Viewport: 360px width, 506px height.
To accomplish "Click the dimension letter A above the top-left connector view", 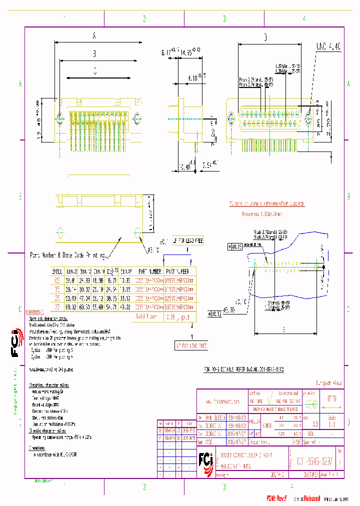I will pyautogui.click(x=94, y=35).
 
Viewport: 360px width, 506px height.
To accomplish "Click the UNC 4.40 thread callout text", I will pyautogui.click(x=328, y=46).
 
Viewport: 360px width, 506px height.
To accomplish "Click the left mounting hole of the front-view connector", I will pyautogui.click(x=231, y=119).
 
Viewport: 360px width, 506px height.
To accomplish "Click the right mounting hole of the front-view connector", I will pyautogui.click(x=307, y=119).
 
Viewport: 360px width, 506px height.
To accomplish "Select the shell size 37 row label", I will pyautogui.click(x=56, y=306).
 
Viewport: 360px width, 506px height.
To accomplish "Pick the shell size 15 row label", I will pyautogui.click(x=56, y=289).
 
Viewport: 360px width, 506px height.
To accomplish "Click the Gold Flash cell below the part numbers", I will pyautogui.click(x=146, y=316).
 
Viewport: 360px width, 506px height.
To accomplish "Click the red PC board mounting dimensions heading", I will pyautogui.click(x=266, y=203).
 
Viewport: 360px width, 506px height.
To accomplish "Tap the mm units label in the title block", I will pyautogui.click(x=331, y=399).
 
